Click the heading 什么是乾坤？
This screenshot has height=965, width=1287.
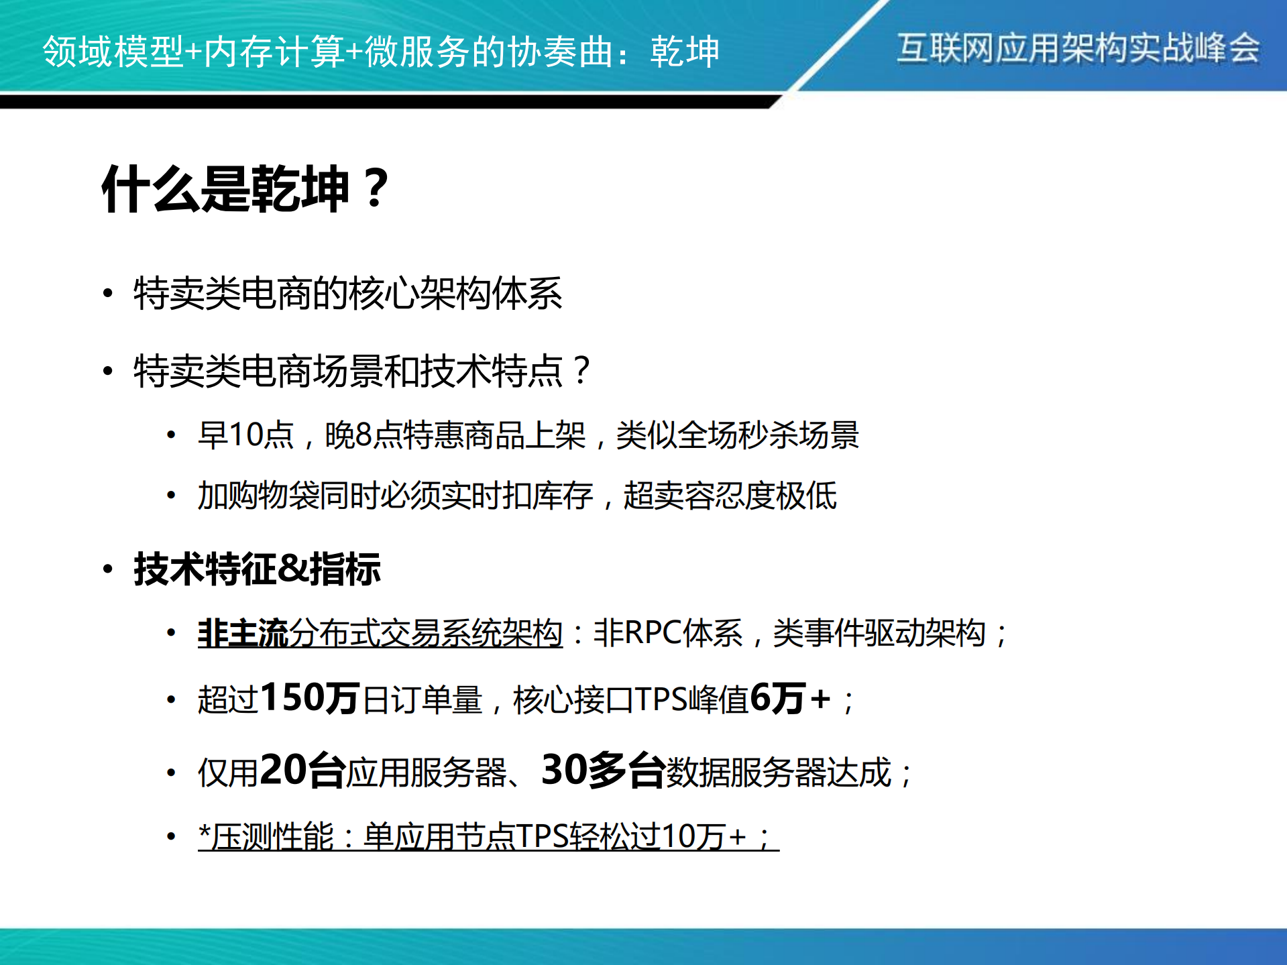tap(245, 189)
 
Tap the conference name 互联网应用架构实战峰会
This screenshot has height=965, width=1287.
tap(1078, 48)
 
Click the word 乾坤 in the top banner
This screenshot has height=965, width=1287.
tap(684, 51)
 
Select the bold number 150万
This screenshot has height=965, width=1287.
tap(311, 698)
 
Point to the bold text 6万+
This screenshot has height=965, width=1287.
tap(790, 698)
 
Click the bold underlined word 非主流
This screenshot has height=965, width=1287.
tap(243, 633)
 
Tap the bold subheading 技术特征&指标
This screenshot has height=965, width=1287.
tap(258, 569)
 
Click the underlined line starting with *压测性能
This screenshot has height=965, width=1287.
tap(488, 836)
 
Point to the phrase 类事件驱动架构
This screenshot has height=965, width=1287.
tap(879, 633)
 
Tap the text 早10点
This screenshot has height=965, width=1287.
tap(246, 435)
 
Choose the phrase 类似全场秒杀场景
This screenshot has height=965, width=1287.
tap(737, 435)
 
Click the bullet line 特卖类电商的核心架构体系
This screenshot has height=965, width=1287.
tap(347, 294)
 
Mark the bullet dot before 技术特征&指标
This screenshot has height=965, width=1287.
tap(108, 569)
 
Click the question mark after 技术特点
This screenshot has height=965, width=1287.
tap(582, 371)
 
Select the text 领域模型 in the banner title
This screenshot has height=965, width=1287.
tap(113, 51)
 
